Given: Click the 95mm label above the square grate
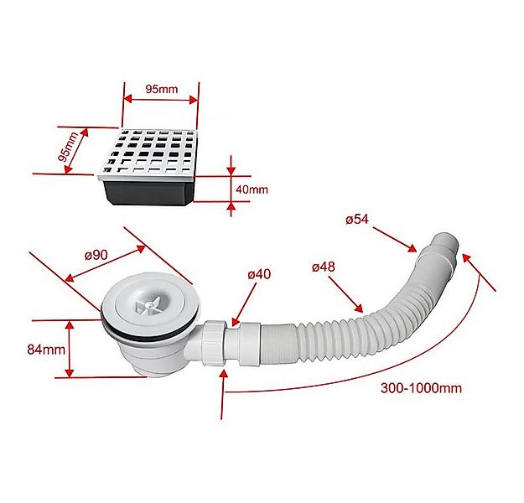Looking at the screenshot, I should (160, 88).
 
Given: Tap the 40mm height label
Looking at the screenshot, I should (252, 189).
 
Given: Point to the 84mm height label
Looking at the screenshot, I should (46, 348).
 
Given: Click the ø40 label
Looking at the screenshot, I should (258, 274).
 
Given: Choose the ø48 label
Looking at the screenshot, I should (323, 267).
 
